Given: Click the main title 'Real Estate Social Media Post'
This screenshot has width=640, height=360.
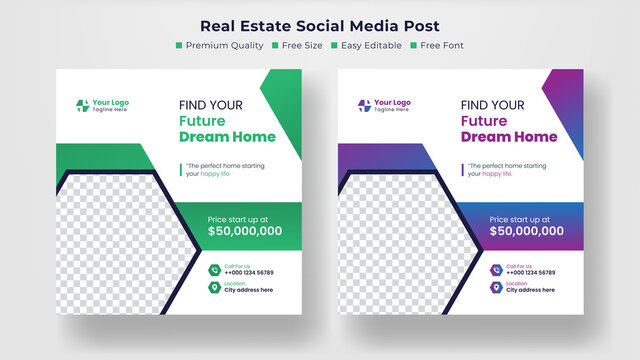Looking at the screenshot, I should point(320,25).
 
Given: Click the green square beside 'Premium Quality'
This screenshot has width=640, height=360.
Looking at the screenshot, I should point(179,45).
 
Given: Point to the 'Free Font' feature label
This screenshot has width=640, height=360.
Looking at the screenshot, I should point(442,45).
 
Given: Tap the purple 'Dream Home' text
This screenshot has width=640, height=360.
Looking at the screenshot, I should point(508,137).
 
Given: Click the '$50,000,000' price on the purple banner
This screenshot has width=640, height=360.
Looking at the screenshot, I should point(526,231).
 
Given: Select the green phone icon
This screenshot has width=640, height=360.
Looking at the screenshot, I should point(214,269).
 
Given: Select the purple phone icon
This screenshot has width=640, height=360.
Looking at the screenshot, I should point(496,269).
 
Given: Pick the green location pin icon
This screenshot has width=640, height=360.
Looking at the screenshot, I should point(214,288).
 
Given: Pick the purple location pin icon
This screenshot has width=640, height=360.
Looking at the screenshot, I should point(496,288).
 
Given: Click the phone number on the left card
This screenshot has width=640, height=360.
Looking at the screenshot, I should point(248,272).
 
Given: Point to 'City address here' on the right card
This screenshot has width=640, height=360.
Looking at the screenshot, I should point(530,291).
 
